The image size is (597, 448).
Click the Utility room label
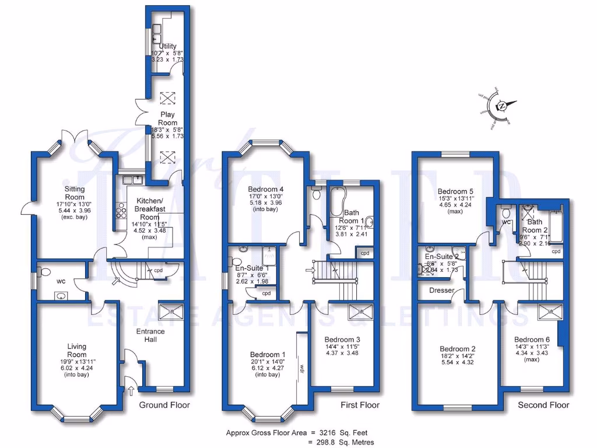pyautogui.click(x=168, y=45)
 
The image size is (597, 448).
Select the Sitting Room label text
pyautogui.click(x=75, y=193)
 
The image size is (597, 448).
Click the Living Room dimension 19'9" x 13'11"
pyautogui.click(x=76, y=362)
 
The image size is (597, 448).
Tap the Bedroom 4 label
pyautogui.click(x=265, y=190)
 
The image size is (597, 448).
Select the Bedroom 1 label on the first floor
pyautogui.click(x=268, y=354)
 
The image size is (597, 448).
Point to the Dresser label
pyautogui.click(x=441, y=290)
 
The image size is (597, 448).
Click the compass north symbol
pyautogui.click(x=501, y=107)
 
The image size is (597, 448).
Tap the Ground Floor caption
pyautogui.click(x=164, y=405)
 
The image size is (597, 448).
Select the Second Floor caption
pyautogui.click(x=543, y=405)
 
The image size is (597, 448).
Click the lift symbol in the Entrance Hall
pyautogui.click(x=171, y=312)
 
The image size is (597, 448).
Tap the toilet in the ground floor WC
pyautogui.click(x=44, y=271)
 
